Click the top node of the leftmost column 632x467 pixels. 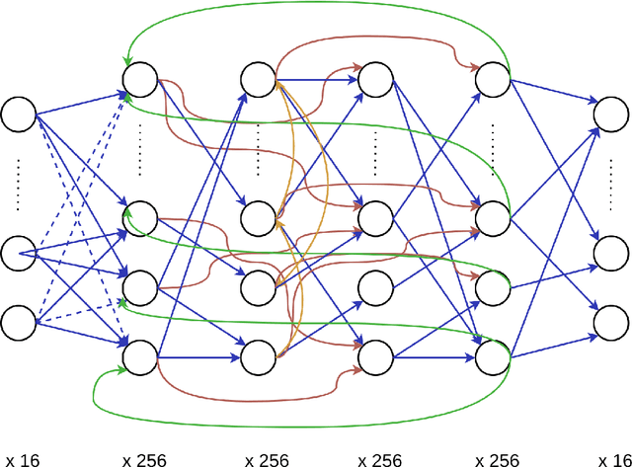tap(18, 115)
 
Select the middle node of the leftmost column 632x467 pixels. tap(18, 254)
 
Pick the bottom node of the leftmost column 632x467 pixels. tap(18, 322)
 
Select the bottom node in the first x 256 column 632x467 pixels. tap(139, 356)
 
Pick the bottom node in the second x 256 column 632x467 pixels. tap(258, 356)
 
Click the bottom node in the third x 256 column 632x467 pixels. tap(375, 356)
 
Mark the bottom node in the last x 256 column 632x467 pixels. tap(492, 356)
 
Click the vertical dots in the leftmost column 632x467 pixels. tap(18, 183)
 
